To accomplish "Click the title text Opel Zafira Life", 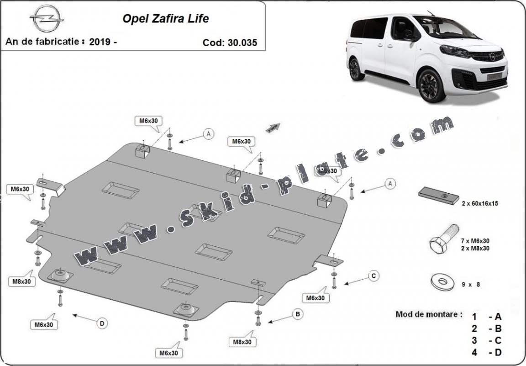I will pos(165,19).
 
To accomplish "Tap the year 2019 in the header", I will pos(100,42).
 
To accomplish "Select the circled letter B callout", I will pos(297,314).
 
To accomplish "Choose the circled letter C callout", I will pos(373,275).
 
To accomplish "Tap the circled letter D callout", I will pos(102,323).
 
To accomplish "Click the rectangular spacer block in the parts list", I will pos(438,195).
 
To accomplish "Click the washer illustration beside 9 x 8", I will pos(440,281).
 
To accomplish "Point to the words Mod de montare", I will pos(428,314).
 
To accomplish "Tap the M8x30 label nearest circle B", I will pos(243,341).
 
